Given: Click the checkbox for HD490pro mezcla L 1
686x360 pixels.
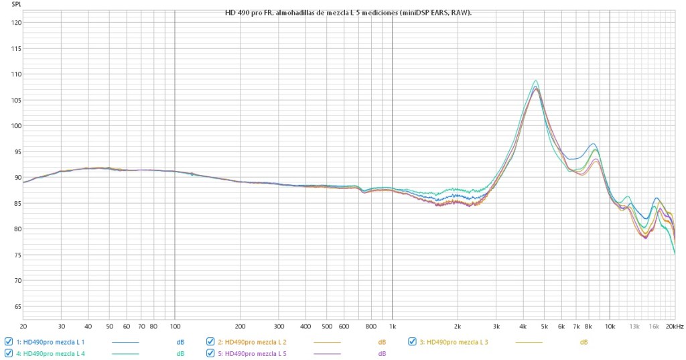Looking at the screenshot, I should tap(9, 342).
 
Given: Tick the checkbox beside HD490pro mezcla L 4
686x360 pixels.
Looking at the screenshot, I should tap(9, 353).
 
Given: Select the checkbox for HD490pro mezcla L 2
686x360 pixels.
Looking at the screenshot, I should tap(210, 342).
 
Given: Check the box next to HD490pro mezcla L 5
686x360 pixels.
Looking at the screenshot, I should tap(210, 353).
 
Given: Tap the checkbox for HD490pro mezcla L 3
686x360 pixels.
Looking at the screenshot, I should tap(412, 342).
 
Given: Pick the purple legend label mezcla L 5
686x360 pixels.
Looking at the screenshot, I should tap(256, 353).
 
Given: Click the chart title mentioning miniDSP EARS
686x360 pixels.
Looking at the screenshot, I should tap(344, 13).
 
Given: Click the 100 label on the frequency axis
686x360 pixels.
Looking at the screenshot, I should tap(175, 326).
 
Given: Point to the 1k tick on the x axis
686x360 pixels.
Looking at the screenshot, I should tap(392, 326).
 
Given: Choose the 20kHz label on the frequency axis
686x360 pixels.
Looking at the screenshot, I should tap(674, 326).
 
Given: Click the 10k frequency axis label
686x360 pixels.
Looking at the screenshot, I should tap(610, 326).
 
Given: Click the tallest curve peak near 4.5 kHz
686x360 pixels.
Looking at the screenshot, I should tap(535, 81).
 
